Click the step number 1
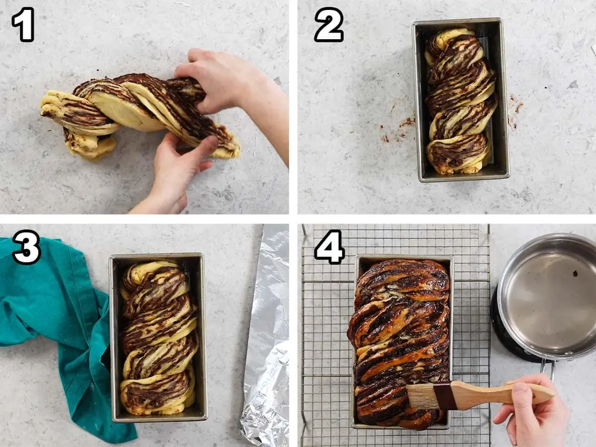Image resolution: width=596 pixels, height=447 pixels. (x=24, y=24)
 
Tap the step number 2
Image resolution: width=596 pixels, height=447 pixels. (x=329, y=24)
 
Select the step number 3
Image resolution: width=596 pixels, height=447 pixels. (x=26, y=247)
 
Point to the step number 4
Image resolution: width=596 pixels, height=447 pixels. (x=329, y=247)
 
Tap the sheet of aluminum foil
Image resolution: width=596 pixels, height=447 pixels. (x=266, y=334)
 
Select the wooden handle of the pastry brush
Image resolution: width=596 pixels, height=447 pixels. (x=502, y=395)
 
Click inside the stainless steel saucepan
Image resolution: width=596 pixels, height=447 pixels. (x=551, y=296)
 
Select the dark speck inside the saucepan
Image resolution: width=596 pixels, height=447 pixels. (x=575, y=273)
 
